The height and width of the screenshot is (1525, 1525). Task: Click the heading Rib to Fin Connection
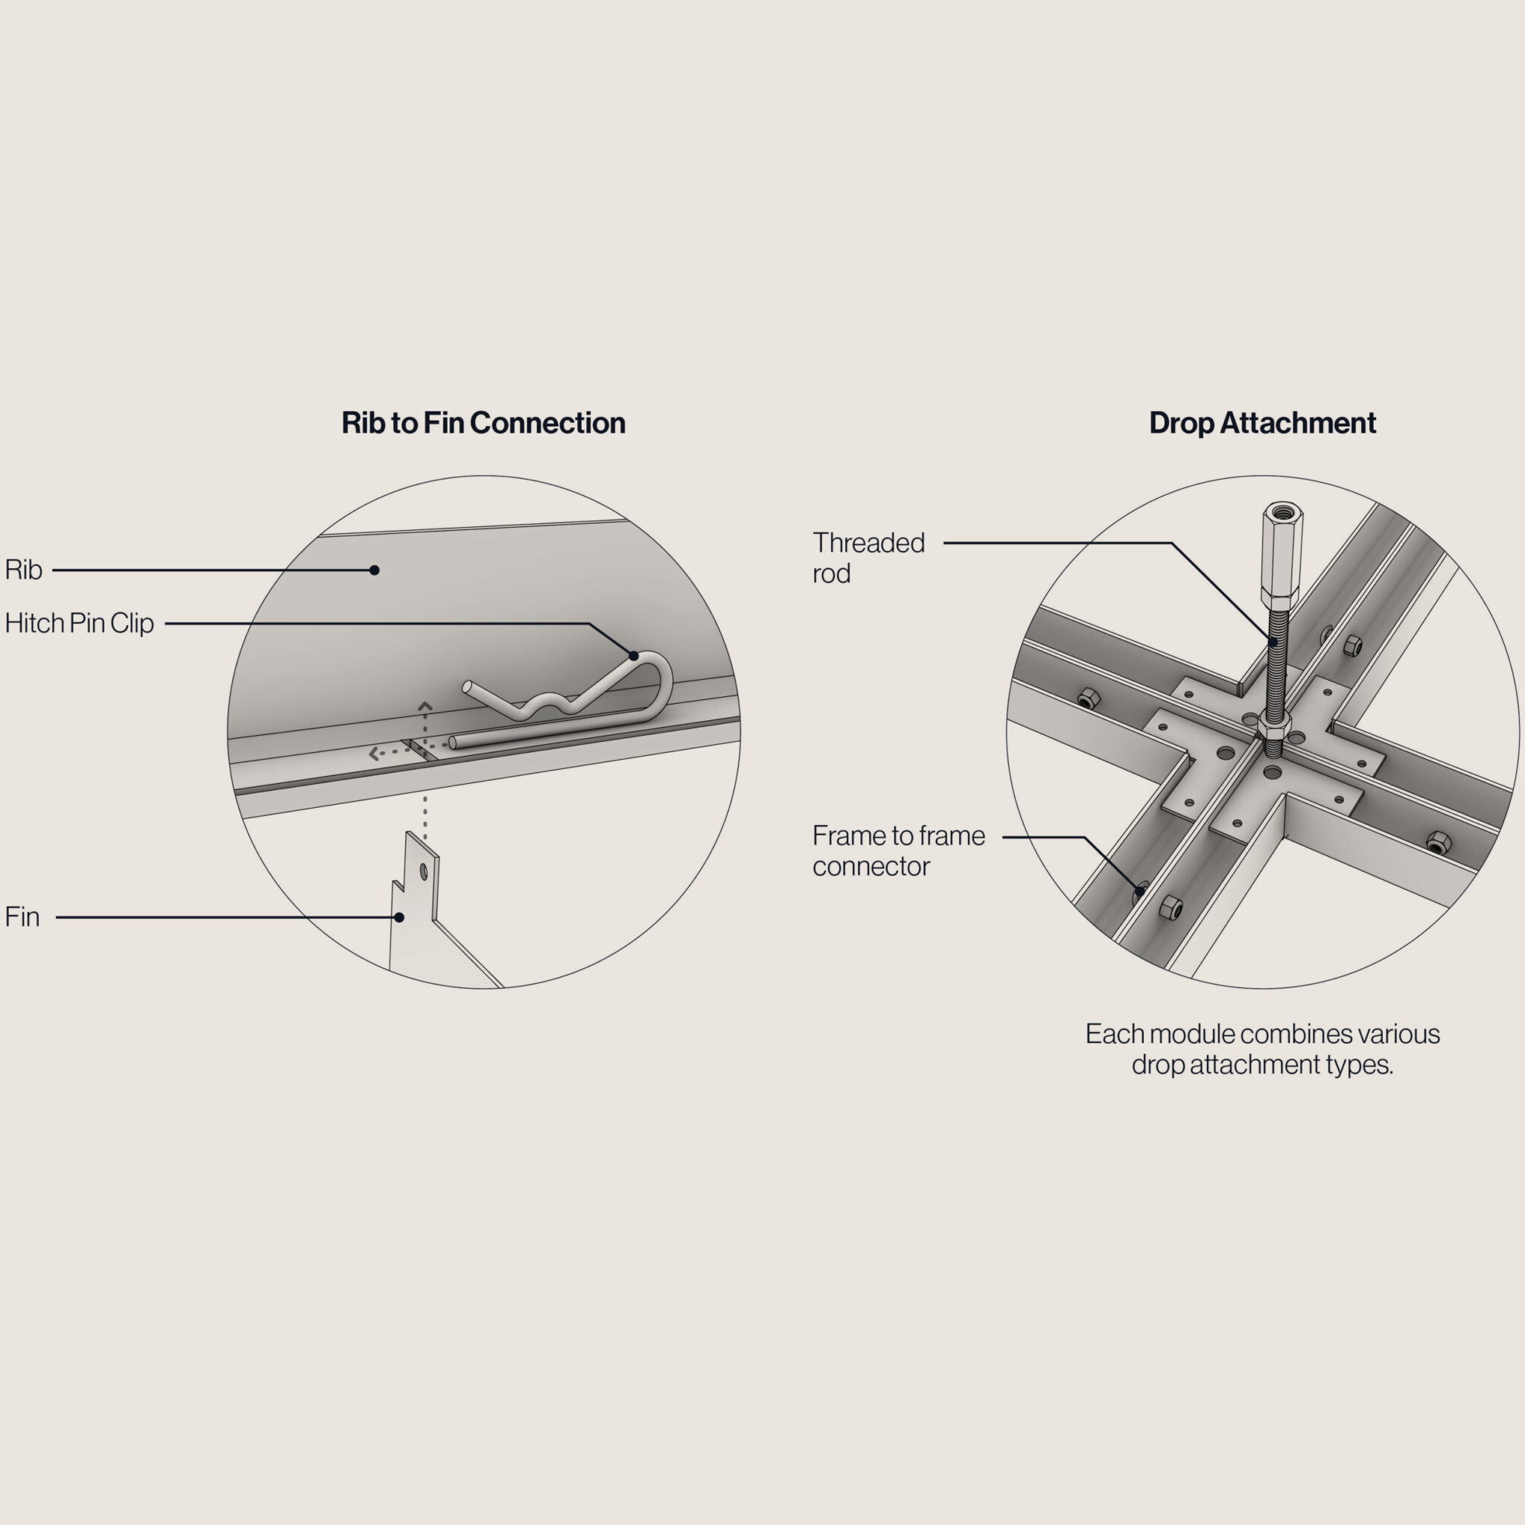(x=483, y=423)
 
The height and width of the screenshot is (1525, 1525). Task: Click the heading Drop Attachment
(x=1262, y=423)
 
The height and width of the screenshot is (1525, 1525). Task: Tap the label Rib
(x=23, y=570)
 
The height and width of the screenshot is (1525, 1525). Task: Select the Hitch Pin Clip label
(x=79, y=623)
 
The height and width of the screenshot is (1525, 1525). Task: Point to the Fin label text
(x=22, y=917)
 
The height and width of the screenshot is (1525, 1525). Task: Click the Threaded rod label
(x=868, y=558)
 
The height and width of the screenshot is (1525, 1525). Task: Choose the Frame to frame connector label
(x=898, y=851)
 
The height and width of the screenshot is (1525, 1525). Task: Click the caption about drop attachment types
(x=1262, y=1049)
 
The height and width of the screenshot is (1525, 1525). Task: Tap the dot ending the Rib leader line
(x=374, y=570)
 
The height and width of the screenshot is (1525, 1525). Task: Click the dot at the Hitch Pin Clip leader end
(x=633, y=656)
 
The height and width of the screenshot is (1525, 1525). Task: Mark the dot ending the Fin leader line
(x=399, y=917)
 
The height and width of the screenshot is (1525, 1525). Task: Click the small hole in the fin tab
(x=424, y=871)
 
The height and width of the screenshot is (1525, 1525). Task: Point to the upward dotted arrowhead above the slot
(x=424, y=705)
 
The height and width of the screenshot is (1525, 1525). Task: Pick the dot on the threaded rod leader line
(x=1273, y=643)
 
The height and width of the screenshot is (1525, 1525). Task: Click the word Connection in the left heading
(x=548, y=423)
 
